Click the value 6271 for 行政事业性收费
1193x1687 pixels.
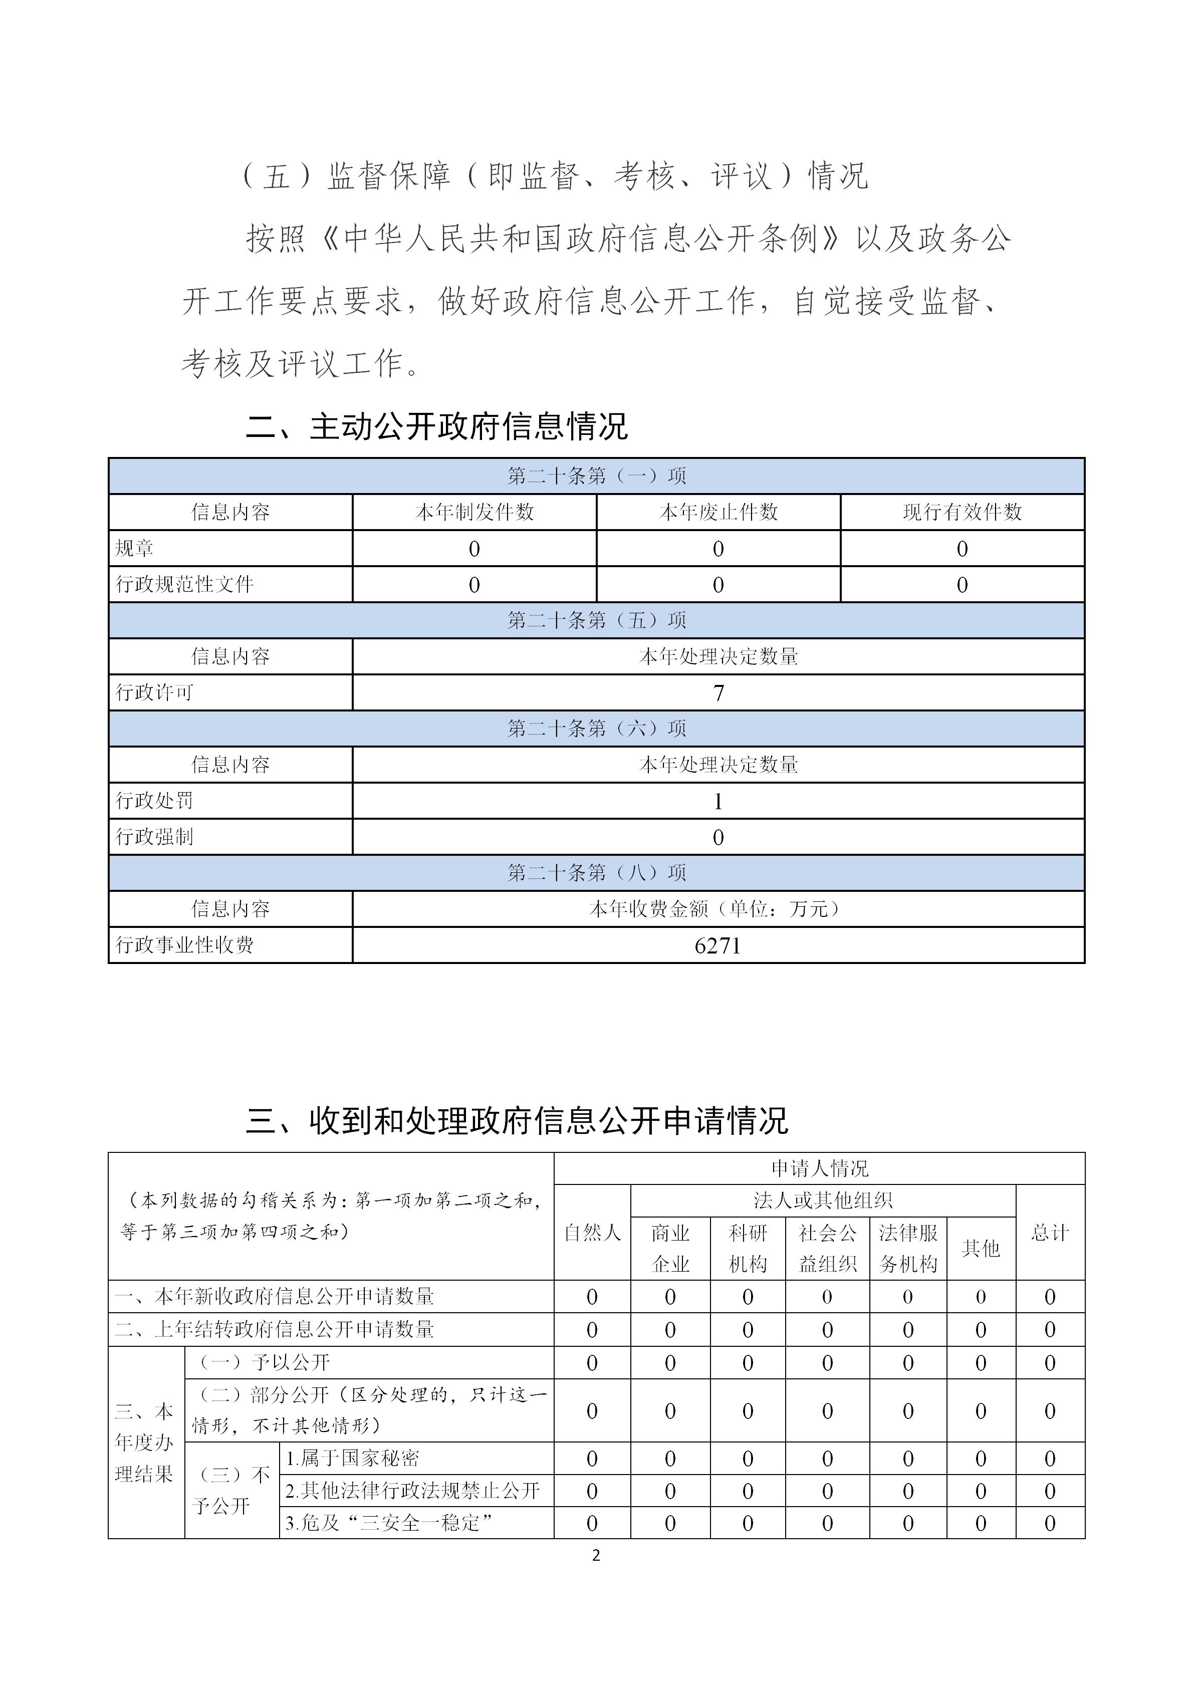click(718, 945)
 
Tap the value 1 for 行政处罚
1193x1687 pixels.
click(719, 801)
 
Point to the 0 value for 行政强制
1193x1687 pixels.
click(719, 837)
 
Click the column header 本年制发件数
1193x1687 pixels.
click(474, 512)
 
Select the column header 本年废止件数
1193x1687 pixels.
click(719, 512)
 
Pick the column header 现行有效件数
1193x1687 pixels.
click(963, 512)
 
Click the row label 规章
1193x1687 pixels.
click(134, 548)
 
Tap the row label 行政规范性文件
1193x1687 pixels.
click(184, 584)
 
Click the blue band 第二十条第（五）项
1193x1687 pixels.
click(596, 620)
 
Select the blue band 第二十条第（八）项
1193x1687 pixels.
click(596, 873)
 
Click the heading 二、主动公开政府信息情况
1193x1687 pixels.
click(436, 427)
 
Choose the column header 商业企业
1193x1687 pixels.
click(670, 1249)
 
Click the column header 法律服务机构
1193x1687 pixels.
click(908, 1249)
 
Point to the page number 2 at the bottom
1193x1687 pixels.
click(596, 1556)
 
